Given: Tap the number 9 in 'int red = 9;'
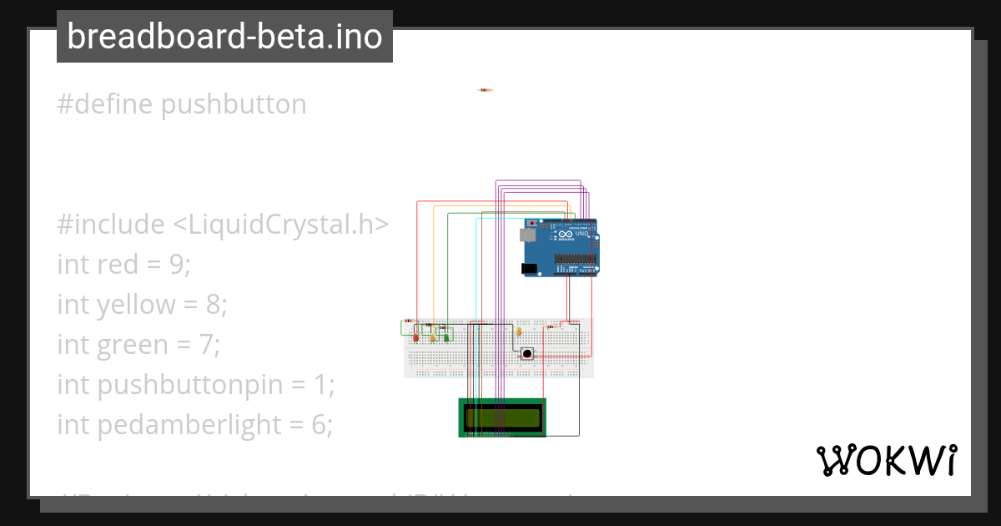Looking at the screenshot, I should pyautogui.click(x=181, y=265).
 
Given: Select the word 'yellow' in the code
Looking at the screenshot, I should pyautogui.click(x=136, y=305).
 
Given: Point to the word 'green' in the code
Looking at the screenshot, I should pyautogui.click(x=128, y=345).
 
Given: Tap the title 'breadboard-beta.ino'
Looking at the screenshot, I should pyautogui.click(x=224, y=37).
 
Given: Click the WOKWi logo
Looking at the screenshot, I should pyautogui.click(x=886, y=460).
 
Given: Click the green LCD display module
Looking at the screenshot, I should pyautogui.click(x=502, y=417).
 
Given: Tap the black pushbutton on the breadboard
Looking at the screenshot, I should pyautogui.click(x=527, y=354).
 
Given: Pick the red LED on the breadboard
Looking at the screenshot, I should pyautogui.click(x=416, y=336).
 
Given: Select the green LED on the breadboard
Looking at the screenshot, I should pyautogui.click(x=446, y=336).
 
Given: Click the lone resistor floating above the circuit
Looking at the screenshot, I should pyautogui.click(x=485, y=90).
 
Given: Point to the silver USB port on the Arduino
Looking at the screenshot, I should pyautogui.click(x=530, y=235).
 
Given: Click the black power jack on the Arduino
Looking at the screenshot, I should pyautogui.click(x=529, y=269).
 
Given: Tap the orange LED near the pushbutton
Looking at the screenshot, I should pyautogui.click(x=519, y=331).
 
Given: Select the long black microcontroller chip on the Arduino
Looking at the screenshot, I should pyautogui.click(x=576, y=258).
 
